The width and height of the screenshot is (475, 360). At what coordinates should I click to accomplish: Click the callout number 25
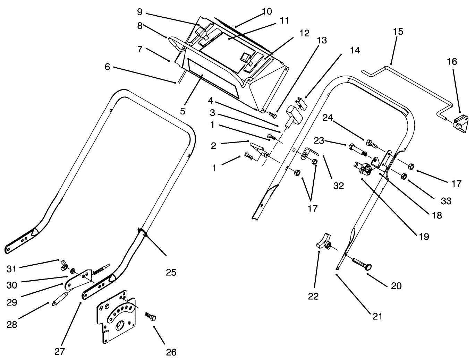pyautogui.click(x=171, y=272)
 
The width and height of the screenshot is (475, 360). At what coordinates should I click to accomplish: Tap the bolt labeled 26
pyautogui.click(x=151, y=317)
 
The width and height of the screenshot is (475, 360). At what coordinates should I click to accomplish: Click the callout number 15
pyautogui.click(x=398, y=32)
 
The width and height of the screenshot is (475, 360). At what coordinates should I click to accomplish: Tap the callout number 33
pyautogui.click(x=446, y=201)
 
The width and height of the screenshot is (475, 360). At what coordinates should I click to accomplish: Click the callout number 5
pyautogui.click(x=183, y=111)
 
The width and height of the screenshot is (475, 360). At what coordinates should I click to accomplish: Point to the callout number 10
pyautogui.click(x=267, y=11)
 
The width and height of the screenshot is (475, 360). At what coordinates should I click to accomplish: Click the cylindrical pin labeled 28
pyautogui.click(x=60, y=299)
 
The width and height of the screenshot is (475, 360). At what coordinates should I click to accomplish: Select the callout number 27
pyautogui.click(x=60, y=352)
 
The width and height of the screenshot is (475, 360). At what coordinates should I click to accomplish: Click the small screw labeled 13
pyautogui.click(x=272, y=114)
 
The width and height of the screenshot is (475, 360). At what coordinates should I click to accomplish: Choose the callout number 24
pyautogui.click(x=328, y=118)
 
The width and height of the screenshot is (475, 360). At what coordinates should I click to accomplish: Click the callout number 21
pyautogui.click(x=377, y=316)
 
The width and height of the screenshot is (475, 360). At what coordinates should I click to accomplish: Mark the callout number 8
pyautogui.click(x=139, y=26)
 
